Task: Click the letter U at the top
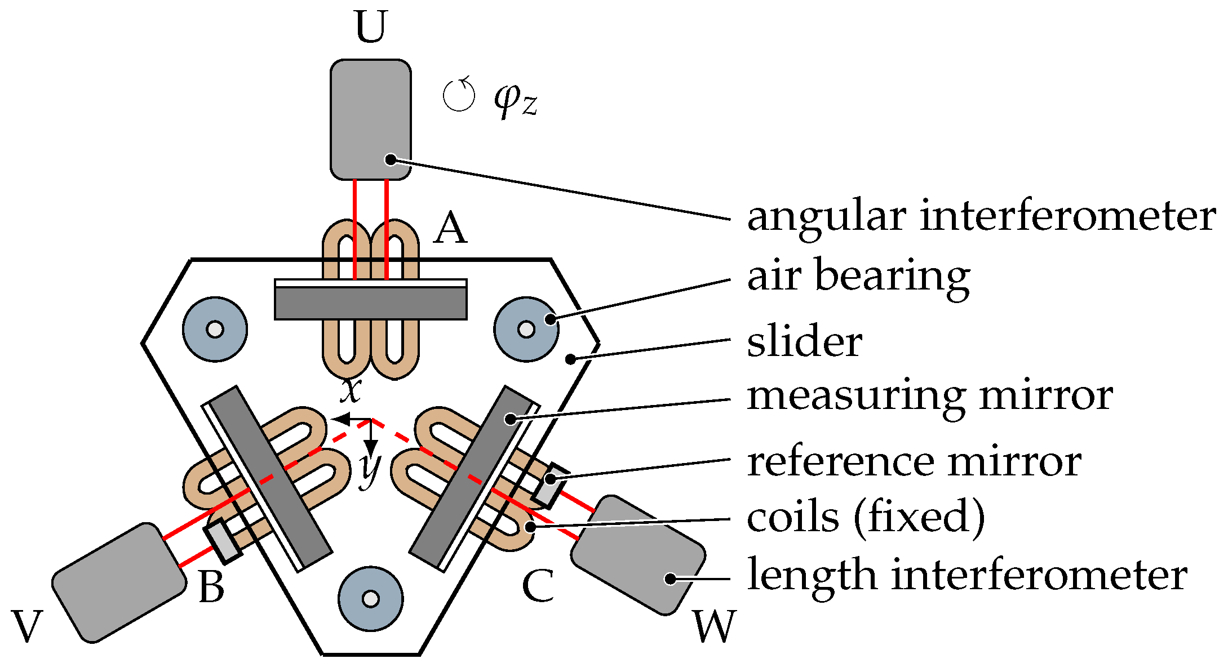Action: pyautogui.click(x=371, y=27)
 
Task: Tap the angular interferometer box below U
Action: pyautogui.click(x=370, y=119)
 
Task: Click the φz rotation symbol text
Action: pyautogui.click(x=515, y=99)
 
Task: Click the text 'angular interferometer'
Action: pyautogui.click(x=981, y=217)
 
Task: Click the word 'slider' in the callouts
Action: pyautogui.click(x=804, y=342)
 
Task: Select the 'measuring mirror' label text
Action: pyautogui.click(x=929, y=396)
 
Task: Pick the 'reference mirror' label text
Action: pyautogui.click(x=914, y=462)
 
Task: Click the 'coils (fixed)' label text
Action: pyautogui.click(x=866, y=517)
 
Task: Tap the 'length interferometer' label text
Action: pyautogui.click(x=967, y=576)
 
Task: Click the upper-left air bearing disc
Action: pyautogui.click(x=215, y=329)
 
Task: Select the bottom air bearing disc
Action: pyautogui.click(x=370, y=599)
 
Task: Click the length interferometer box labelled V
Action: pyautogui.click(x=119, y=583)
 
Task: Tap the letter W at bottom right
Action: pyautogui.click(x=714, y=626)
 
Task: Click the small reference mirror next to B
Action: pyautogui.click(x=223, y=541)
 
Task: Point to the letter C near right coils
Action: pyautogui.click(x=537, y=586)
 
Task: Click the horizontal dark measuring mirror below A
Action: pyautogui.click(x=370, y=303)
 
